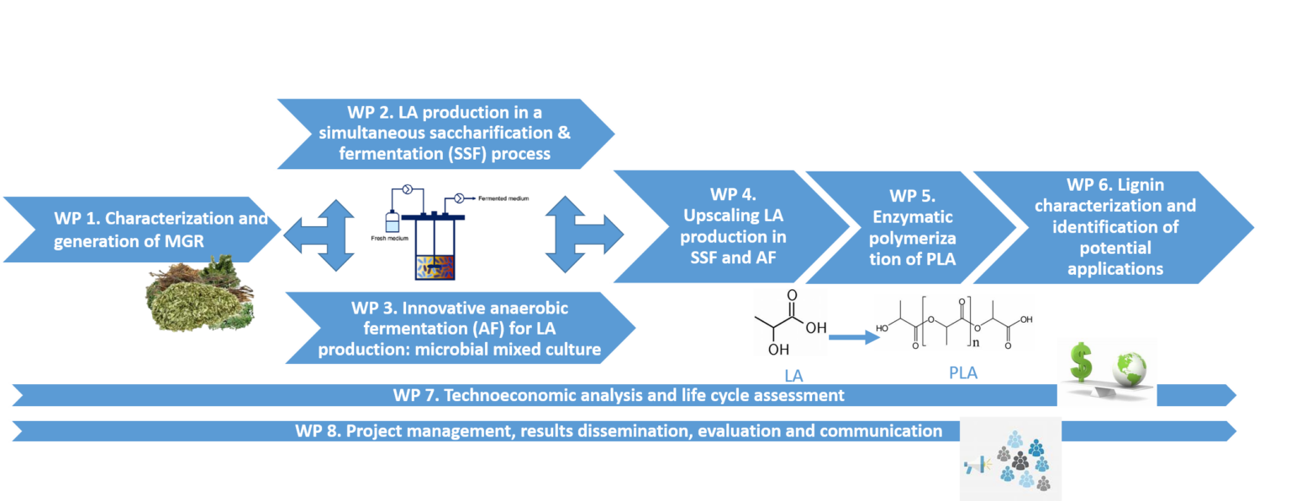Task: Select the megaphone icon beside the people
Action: click(x=976, y=463)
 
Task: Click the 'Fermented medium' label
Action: click(x=503, y=198)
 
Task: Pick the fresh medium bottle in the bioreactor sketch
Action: click(x=390, y=222)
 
